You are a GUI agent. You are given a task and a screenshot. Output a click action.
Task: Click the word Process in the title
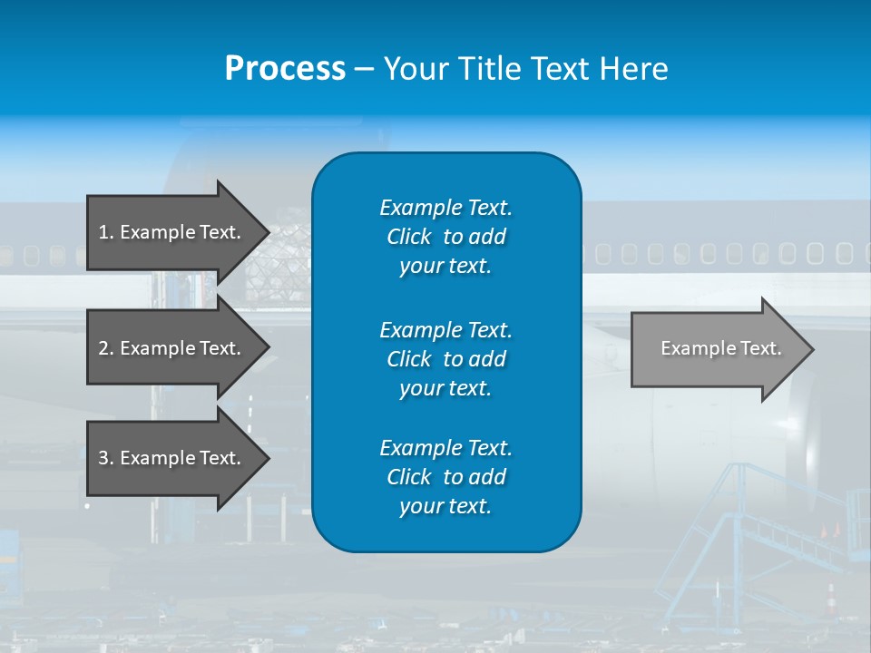pos(285,69)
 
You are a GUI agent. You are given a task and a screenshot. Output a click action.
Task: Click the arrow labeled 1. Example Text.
pos(172,232)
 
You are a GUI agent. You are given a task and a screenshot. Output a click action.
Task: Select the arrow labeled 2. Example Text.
pos(172,348)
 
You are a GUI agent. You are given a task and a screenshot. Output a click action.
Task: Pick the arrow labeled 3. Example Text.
pos(172,458)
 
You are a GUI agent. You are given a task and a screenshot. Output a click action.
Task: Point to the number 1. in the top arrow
pos(106,232)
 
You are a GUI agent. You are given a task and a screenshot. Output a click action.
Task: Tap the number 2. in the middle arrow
pos(106,348)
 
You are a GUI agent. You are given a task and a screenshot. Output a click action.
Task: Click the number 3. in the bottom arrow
pos(106,458)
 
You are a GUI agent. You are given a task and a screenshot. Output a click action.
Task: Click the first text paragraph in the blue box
pos(445,237)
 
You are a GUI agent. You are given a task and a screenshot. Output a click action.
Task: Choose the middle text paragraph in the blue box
pos(445,359)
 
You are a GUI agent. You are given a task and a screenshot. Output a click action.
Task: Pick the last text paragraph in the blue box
pos(445,477)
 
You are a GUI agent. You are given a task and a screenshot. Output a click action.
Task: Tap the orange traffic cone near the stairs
pos(829,597)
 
